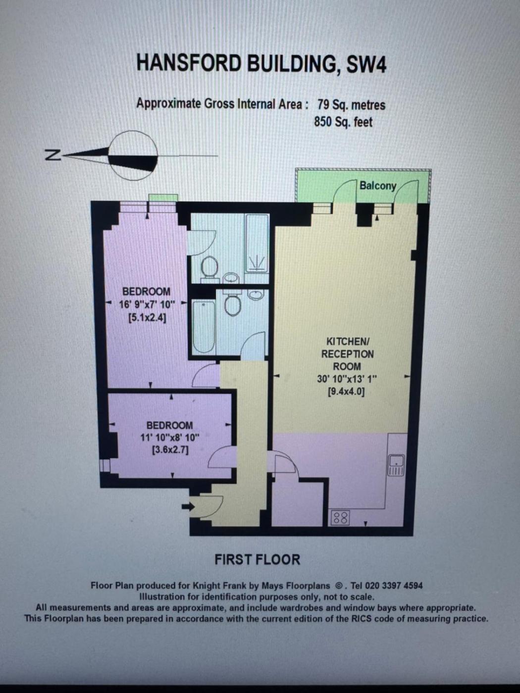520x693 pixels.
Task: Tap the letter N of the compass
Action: [52, 155]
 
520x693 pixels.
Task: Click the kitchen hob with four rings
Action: [340, 518]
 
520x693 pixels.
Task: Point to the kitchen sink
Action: [396, 465]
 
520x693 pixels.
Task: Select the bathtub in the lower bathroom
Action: [204, 327]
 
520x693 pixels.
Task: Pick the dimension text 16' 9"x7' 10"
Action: [147, 305]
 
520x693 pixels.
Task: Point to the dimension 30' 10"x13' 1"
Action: [347, 379]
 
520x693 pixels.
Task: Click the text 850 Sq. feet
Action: [343, 122]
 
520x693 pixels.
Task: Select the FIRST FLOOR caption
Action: [258, 560]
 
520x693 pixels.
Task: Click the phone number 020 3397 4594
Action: [394, 586]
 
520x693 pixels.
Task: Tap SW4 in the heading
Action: [366, 64]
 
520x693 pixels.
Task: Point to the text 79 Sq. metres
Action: [351, 104]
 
